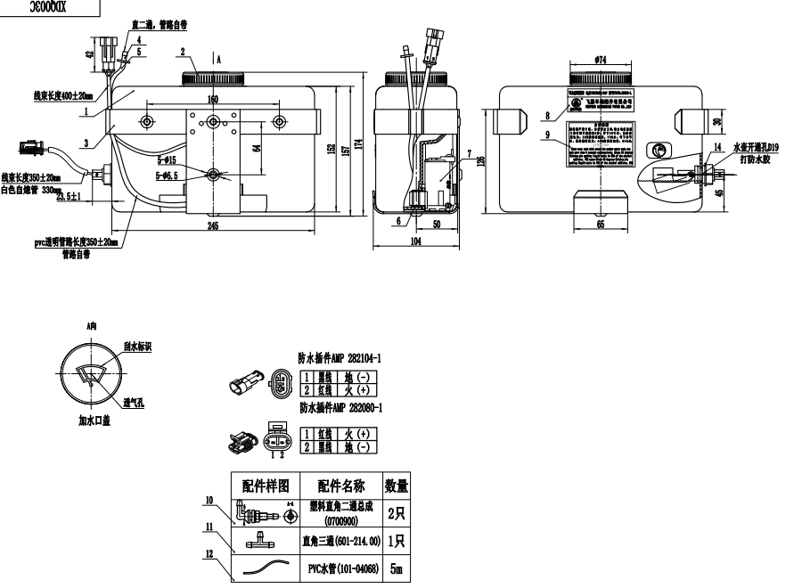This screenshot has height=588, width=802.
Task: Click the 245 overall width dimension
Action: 212,228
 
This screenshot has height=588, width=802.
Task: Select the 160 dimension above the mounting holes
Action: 212,99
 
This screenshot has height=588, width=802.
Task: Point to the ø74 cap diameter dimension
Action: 600,60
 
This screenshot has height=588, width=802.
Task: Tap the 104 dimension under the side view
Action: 416,241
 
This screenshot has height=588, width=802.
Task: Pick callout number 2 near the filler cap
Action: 182,51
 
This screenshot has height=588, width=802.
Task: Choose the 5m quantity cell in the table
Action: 396,568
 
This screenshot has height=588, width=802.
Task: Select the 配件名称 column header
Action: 341,486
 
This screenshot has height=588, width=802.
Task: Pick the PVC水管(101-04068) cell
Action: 342,568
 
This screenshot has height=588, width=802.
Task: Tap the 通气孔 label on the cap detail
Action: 135,402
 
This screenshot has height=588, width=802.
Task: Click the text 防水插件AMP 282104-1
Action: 340,356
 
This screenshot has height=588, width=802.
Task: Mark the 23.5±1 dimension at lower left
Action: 69,196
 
